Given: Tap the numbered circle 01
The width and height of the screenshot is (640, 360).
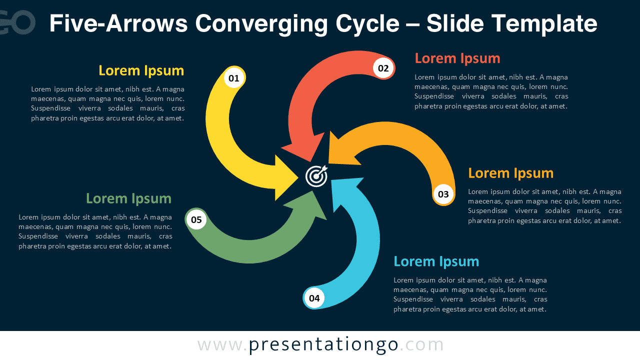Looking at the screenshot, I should coord(234,78).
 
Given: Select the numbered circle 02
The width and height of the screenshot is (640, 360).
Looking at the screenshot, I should coord(383,68).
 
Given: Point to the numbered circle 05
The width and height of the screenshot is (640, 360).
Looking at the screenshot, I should coord(196,219).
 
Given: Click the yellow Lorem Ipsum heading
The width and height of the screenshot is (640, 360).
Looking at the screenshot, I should coord(141,70).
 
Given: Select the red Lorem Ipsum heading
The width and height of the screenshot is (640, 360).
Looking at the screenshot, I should coord(457,58).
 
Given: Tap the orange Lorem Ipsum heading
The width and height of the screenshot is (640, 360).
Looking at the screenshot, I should coord(510,173).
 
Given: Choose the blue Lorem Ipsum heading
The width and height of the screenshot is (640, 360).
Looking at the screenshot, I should coord(436,261).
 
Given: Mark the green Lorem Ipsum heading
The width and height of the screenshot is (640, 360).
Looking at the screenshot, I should coord(128,198).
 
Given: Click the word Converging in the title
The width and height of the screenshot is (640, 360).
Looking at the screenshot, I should coord(297,23).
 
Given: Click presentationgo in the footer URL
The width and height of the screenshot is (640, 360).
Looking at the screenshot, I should coord(323,344).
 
